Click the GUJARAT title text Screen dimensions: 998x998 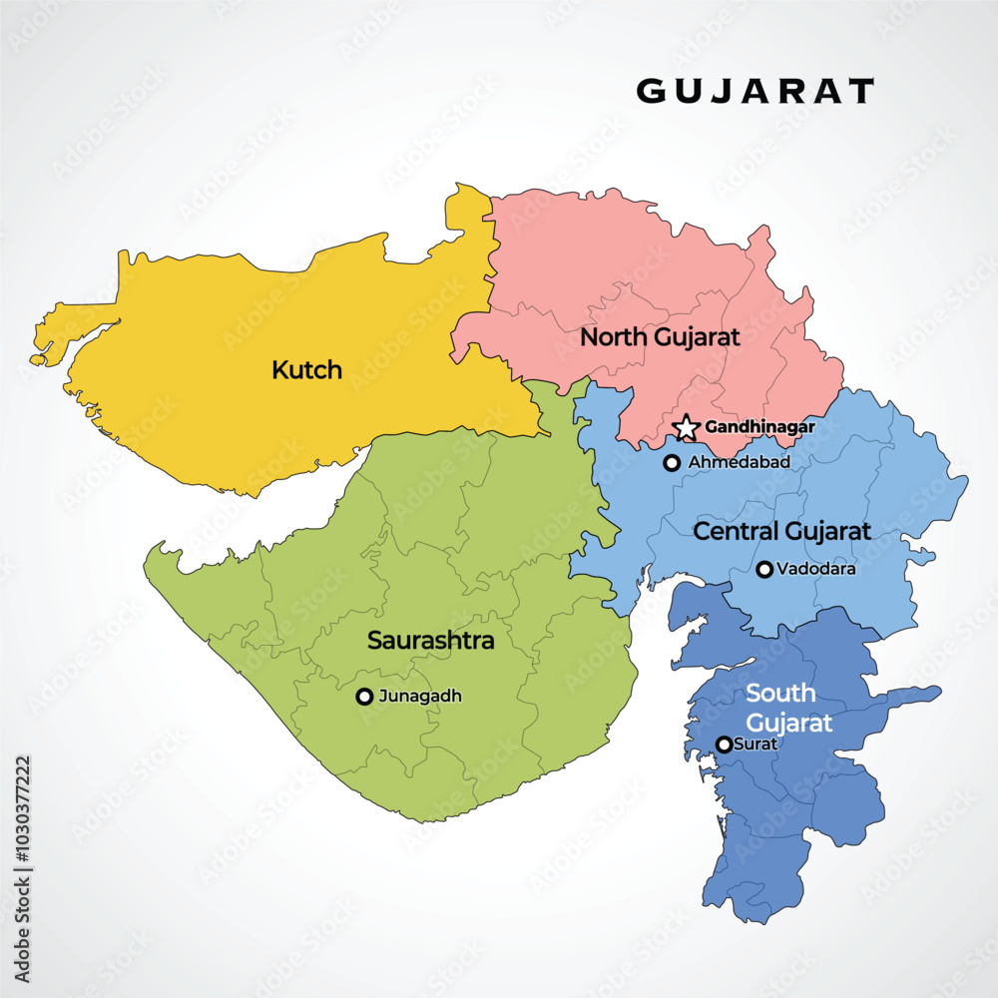coord(755,91)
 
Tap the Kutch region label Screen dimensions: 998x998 coord(306,370)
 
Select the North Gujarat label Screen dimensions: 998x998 coord(660,337)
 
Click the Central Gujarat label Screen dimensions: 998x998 coord(781,531)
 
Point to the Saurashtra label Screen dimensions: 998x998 coord(430,641)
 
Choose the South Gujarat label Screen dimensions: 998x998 coord(788,708)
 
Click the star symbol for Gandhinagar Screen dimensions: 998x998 coord(687,428)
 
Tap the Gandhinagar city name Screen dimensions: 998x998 coord(760,427)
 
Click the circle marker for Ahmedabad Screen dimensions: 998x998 coord(672,462)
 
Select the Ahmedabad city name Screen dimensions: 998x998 coord(740,462)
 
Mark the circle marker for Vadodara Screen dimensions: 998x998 coord(764,570)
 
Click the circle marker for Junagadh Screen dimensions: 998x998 coord(364,697)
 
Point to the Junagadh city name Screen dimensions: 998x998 coord(421,697)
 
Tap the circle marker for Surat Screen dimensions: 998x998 coord(724,745)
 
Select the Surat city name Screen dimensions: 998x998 coord(755,745)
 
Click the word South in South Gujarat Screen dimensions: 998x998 coord(780,694)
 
